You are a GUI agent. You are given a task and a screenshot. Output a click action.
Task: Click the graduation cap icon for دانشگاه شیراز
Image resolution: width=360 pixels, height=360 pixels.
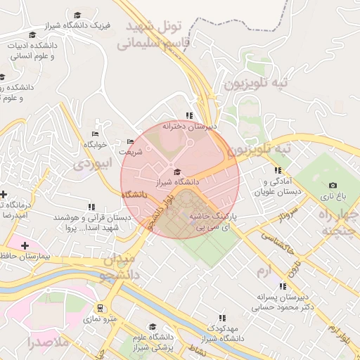coord(176,172)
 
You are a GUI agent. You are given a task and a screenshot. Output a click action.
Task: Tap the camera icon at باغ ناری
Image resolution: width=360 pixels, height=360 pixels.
coord(333,186)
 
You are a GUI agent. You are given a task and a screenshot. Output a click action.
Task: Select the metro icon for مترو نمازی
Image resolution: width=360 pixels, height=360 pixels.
coord(101,308)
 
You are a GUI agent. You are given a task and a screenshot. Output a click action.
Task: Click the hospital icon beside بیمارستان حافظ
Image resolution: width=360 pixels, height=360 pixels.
coord(25,245)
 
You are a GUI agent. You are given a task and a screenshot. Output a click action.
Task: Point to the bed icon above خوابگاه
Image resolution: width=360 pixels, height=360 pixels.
coord(96,134)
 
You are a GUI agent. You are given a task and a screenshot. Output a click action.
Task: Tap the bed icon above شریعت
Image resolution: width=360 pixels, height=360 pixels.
coord(130,141)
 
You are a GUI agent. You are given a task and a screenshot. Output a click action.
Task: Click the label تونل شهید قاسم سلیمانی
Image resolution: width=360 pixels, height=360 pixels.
coord(154,34)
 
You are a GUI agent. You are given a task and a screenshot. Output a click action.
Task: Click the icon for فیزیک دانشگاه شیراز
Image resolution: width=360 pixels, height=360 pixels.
coord(77,15)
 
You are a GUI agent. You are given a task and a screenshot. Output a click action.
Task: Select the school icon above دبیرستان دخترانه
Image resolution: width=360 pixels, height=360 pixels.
coord(188,115)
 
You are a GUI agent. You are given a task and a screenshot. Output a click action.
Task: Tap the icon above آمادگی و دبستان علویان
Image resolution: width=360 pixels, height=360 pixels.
coord(278,170)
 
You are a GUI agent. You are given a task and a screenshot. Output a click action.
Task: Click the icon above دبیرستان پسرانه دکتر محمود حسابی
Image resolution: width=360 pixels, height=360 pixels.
coord(282,286)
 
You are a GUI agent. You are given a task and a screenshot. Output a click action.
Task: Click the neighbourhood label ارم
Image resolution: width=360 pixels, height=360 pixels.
coord(263,270)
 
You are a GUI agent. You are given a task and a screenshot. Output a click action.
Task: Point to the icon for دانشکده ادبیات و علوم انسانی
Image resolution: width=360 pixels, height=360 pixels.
coord(32,35)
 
